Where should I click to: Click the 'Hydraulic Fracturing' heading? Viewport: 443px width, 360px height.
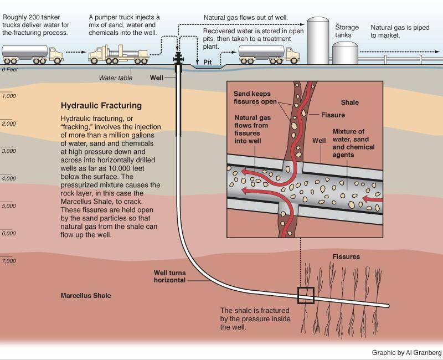(101, 105)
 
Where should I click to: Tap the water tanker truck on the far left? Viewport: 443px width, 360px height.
(32, 54)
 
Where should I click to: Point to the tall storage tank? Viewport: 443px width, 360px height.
(318, 40)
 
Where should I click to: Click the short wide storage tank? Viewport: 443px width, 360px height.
(346, 53)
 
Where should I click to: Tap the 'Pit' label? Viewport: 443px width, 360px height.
(208, 63)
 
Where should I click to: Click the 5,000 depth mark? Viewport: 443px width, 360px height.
(9, 206)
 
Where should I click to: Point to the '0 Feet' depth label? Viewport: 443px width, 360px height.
(11, 70)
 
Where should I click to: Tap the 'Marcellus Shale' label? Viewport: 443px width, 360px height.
(85, 296)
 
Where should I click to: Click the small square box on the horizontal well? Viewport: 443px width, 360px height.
(305, 295)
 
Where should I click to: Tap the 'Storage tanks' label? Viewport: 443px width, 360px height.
(347, 31)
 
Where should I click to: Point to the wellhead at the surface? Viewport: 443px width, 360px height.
(178, 61)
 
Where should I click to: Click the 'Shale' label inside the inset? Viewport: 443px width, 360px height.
(349, 102)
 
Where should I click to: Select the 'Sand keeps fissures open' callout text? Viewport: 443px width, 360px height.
(255, 98)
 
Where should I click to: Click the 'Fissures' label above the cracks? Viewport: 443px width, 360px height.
(346, 257)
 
